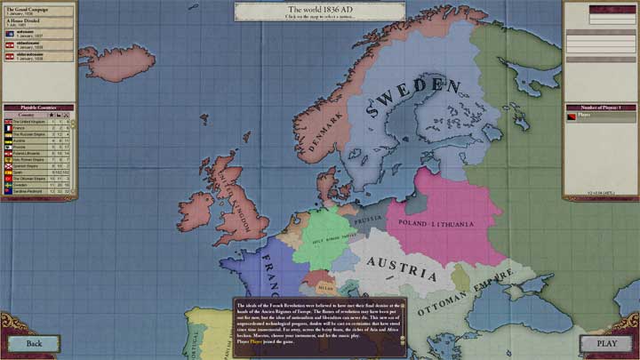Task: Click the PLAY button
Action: pos(607,343)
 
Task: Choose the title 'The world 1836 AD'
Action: pos(319,8)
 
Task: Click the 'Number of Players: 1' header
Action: pos(601,107)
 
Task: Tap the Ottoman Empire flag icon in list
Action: pos(8,177)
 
